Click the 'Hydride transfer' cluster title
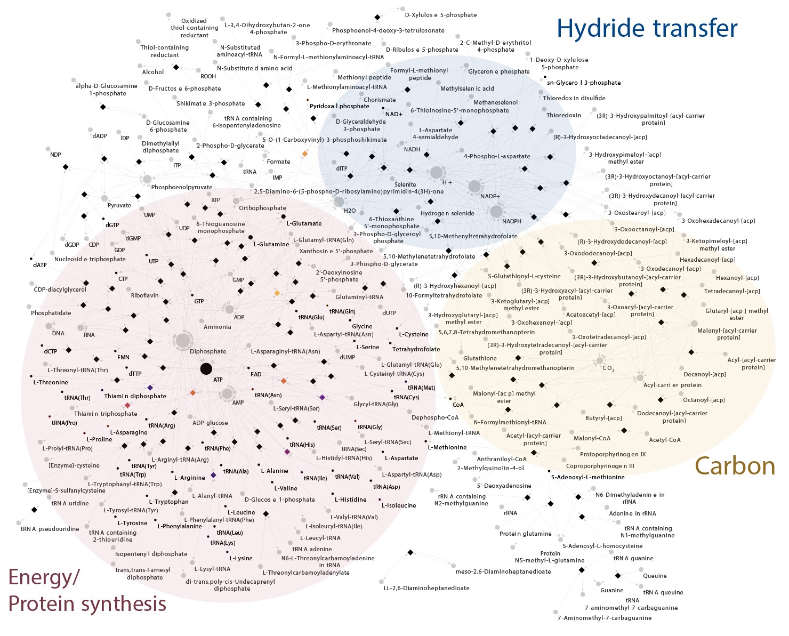tap(647, 28)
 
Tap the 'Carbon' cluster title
tap(735, 466)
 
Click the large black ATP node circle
tap(206, 369)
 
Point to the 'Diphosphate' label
tap(208, 351)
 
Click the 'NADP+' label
tap(490, 196)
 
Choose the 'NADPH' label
tap(512, 221)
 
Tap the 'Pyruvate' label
tap(119, 205)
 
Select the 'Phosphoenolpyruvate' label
tap(181, 187)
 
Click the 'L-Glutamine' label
tap(271, 244)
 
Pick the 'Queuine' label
tap(655, 576)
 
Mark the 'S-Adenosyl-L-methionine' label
tap(587, 477)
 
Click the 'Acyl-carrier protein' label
tap(672, 385)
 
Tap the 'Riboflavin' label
tap(144, 295)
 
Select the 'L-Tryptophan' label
tap(168, 502)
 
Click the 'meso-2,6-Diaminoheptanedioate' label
tap(503, 571)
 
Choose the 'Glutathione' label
tap(480, 358)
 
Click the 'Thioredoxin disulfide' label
tap(574, 98)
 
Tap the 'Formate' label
tap(278, 162)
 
